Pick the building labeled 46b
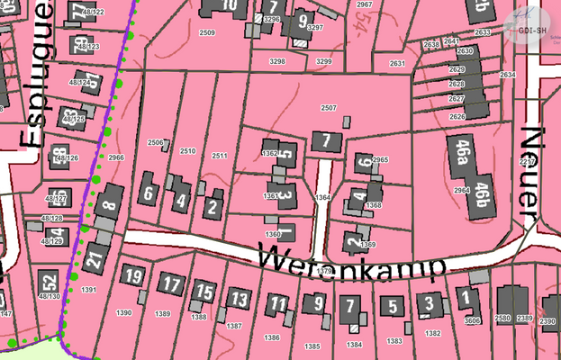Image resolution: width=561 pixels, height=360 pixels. (x=486, y=193)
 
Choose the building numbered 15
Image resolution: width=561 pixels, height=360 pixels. (x=205, y=292)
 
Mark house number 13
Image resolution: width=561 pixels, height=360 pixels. (x=239, y=298)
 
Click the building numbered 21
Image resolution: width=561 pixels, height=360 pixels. (x=95, y=260)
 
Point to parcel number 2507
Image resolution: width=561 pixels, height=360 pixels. (x=329, y=108)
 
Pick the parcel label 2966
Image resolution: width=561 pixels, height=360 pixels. (x=116, y=157)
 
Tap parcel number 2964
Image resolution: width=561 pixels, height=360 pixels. (x=462, y=191)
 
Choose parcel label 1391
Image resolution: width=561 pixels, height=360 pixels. (x=88, y=290)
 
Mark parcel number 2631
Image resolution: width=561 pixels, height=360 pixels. (x=396, y=64)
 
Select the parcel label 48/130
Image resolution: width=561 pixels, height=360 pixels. (x=50, y=296)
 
